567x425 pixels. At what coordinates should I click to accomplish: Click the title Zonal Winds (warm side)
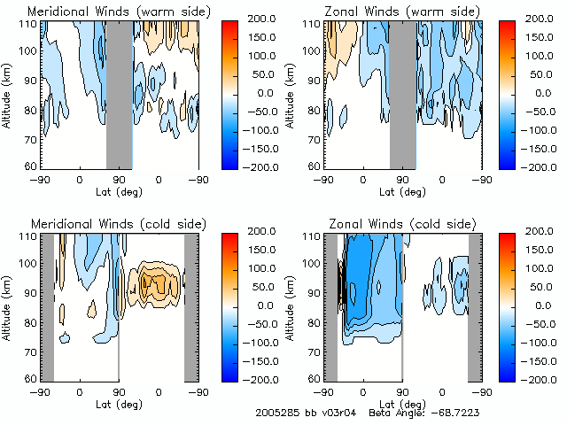click(387, 11)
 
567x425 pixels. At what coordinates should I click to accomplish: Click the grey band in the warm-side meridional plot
click(119, 93)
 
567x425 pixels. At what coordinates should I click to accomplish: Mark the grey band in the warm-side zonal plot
click(402, 93)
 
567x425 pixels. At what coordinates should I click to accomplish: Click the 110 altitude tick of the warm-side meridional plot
click(29, 25)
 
